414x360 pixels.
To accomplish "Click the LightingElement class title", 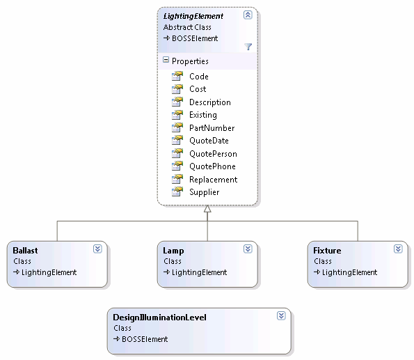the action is (x=193, y=17).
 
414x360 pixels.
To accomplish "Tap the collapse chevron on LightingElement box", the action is (x=248, y=15).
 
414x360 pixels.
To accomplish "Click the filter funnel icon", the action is (x=248, y=47).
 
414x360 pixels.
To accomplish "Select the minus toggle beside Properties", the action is (x=166, y=60).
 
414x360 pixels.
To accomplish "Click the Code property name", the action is (x=199, y=77).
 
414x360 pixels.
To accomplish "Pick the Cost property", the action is (x=198, y=89).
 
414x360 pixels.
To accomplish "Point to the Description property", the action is (x=210, y=102).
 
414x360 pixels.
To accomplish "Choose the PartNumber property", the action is (x=212, y=128).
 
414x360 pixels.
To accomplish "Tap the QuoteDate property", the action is (x=209, y=141).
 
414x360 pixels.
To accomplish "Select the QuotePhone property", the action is (x=212, y=166).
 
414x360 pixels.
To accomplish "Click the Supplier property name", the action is (x=204, y=192).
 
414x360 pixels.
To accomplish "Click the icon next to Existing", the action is (x=177, y=115).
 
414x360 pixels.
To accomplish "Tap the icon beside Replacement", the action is (x=177, y=180).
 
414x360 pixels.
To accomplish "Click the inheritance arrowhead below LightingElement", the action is (x=207, y=209).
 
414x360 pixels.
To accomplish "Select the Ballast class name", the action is (x=25, y=250).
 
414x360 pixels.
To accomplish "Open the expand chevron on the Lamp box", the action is (x=248, y=249).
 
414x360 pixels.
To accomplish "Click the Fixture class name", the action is (x=327, y=250).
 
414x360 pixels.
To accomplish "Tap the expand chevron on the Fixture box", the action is (x=398, y=249).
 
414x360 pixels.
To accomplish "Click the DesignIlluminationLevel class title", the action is (x=159, y=318).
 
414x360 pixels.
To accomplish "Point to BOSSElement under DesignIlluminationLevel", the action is (x=145, y=339).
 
